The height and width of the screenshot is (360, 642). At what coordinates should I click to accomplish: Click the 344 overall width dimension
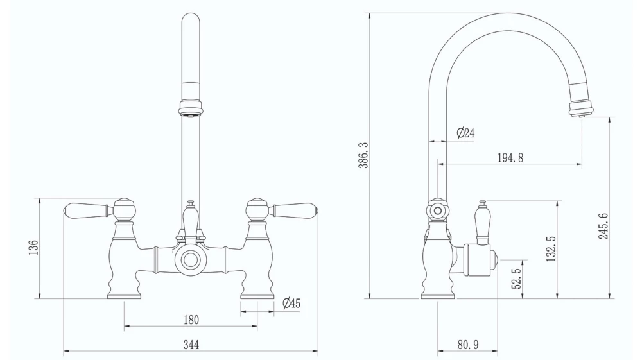191,345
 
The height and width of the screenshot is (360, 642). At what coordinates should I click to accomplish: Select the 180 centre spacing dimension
191,320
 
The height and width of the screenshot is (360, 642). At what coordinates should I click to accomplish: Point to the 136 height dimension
33,247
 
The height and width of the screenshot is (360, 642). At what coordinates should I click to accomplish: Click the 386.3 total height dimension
363,155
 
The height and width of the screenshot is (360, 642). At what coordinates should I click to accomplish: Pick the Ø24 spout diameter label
465,133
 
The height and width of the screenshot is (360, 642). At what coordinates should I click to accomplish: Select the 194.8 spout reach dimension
510,158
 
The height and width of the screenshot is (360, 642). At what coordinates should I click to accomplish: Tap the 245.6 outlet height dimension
603,225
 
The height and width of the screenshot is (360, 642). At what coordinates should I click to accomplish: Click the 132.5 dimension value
551,249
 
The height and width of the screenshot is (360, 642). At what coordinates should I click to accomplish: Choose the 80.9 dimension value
467,345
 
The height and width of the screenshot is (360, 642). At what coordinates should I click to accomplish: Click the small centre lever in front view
190,219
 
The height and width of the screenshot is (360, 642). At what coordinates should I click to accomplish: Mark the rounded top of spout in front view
191,22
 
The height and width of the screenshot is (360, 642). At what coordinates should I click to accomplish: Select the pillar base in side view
438,292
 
